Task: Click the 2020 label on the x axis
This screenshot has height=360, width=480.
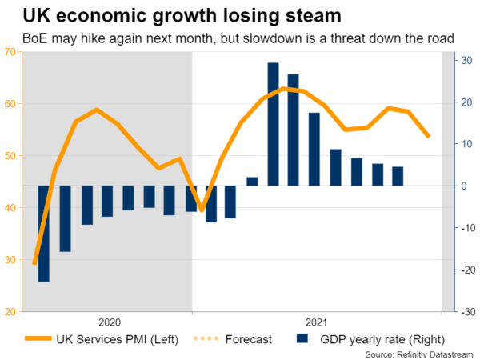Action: click(x=109, y=322)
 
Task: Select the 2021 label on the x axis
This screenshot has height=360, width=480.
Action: click(x=317, y=322)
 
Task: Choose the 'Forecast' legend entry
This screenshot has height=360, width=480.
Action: click(x=248, y=339)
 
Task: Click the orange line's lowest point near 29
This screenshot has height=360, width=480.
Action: click(x=34, y=262)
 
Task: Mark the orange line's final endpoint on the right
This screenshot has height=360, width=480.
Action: click(x=429, y=137)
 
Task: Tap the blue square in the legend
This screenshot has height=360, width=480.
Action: click(x=302, y=339)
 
